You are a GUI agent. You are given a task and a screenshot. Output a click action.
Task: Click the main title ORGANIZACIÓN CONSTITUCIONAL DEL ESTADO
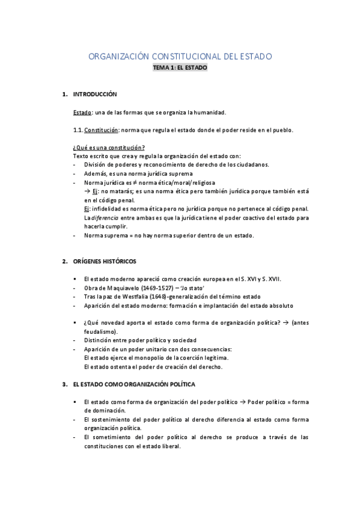(x=180, y=57)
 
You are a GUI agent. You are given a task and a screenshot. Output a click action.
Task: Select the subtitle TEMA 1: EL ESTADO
(x=180, y=69)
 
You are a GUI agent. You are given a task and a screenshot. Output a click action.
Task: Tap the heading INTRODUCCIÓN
(x=95, y=94)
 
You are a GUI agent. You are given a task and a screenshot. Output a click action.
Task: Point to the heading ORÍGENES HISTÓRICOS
(x=105, y=261)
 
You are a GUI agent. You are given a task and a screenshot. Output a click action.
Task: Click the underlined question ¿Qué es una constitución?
(x=108, y=147)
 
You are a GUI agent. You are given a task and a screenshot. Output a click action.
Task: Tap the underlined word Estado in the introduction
(x=82, y=112)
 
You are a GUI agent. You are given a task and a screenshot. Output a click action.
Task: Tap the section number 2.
(x=65, y=261)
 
